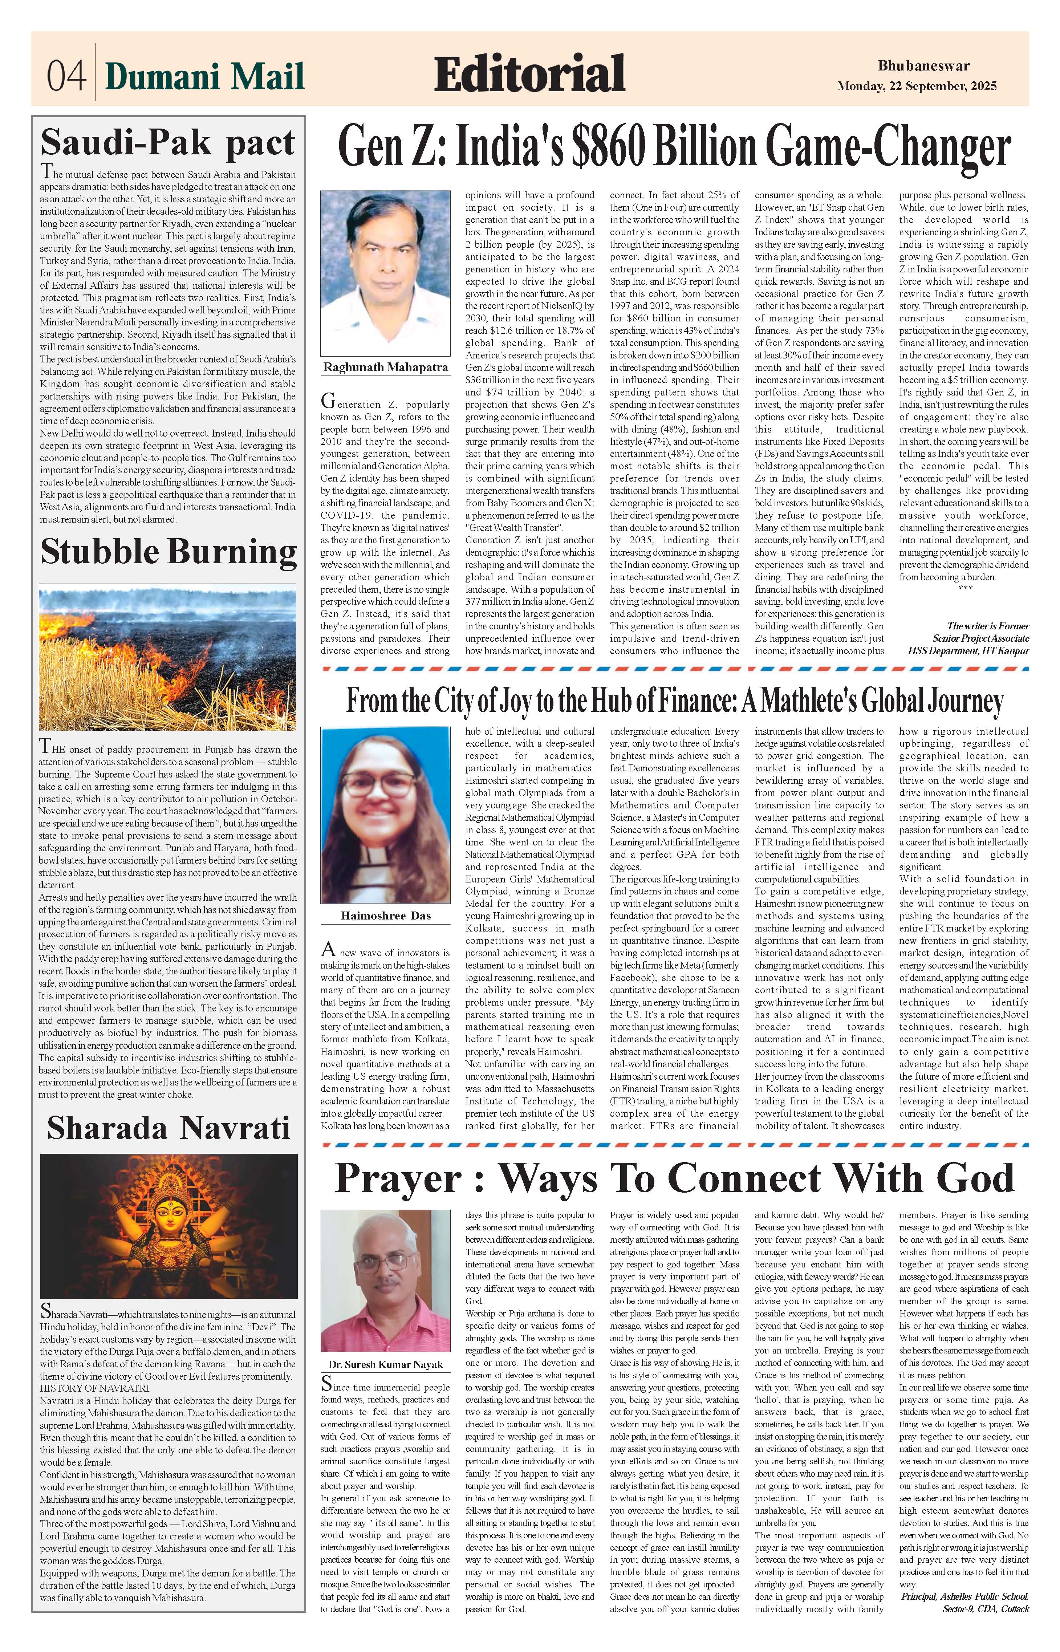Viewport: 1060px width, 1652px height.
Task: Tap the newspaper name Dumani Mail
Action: (204, 76)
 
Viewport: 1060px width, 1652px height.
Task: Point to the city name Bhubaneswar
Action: (923, 66)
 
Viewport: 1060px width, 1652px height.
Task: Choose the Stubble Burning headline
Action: (168, 552)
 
